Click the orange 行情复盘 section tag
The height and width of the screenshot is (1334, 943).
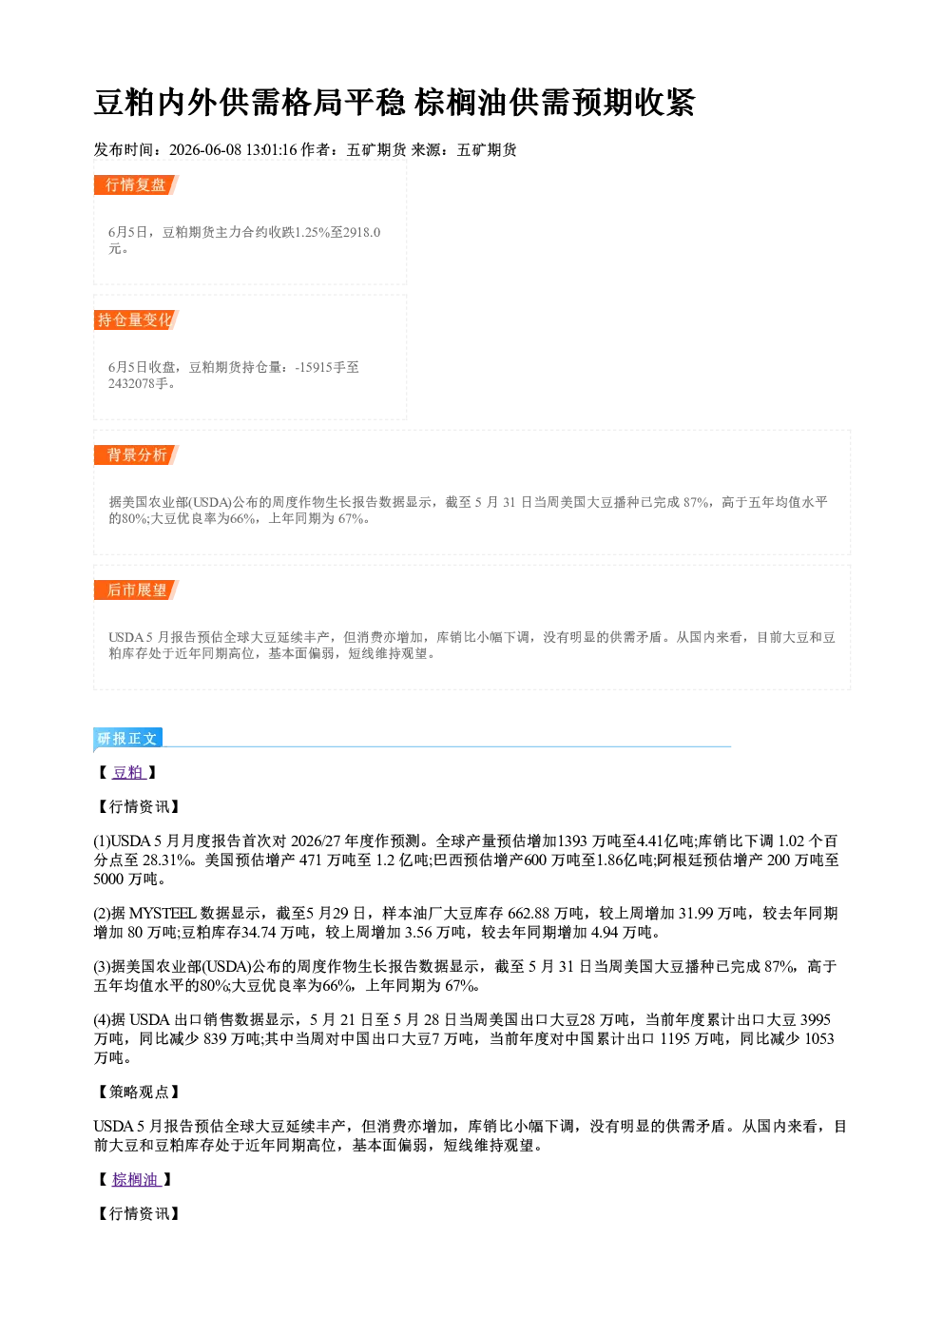pyautogui.click(x=136, y=184)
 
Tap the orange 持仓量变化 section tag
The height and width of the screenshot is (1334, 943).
pyautogui.click(x=136, y=319)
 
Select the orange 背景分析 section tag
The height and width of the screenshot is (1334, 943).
pyautogui.click(x=136, y=455)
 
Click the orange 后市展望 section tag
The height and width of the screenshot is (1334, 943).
pyautogui.click(x=136, y=590)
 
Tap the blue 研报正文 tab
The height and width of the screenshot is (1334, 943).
pyautogui.click(x=127, y=739)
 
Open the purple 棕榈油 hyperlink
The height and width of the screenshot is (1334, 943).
pyautogui.click(x=137, y=1179)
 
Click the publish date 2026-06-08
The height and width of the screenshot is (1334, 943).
pyautogui.click(x=205, y=149)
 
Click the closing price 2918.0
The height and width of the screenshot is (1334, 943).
pyautogui.click(x=361, y=232)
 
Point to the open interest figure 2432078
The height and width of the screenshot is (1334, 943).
pyautogui.click(x=131, y=383)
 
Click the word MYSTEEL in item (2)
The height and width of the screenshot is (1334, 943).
pyautogui.click(x=163, y=913)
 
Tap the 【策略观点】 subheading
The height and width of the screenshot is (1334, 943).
pyautogui.click(x=137, y=1092)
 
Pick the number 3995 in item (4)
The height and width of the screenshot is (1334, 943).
pyautogui.click(x=816, y=1019)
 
